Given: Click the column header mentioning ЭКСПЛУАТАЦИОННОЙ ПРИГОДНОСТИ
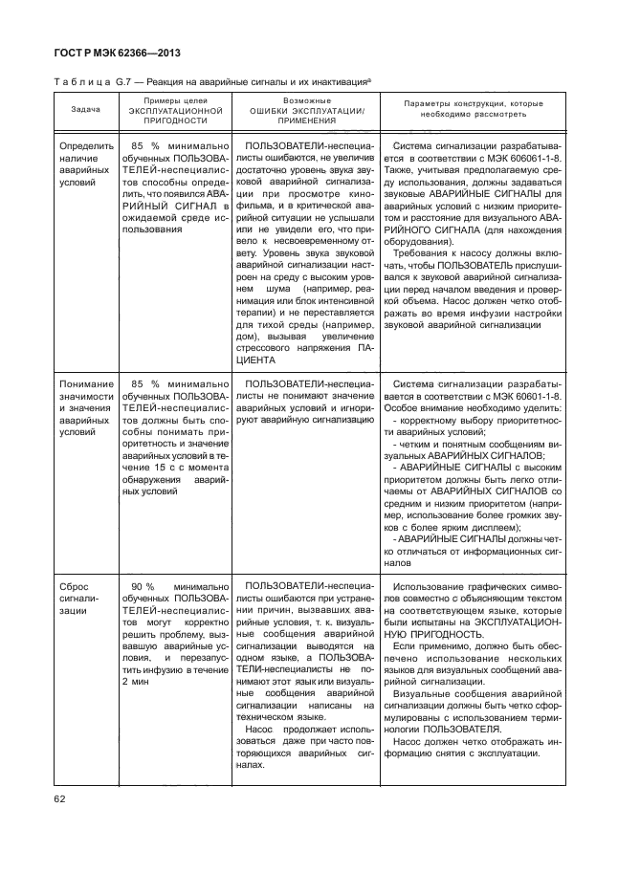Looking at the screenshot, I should coord(174,110).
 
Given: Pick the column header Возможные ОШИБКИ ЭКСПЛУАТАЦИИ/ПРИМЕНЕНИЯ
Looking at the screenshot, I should coord(307,110).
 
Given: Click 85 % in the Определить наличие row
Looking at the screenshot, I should coord(143,143).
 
